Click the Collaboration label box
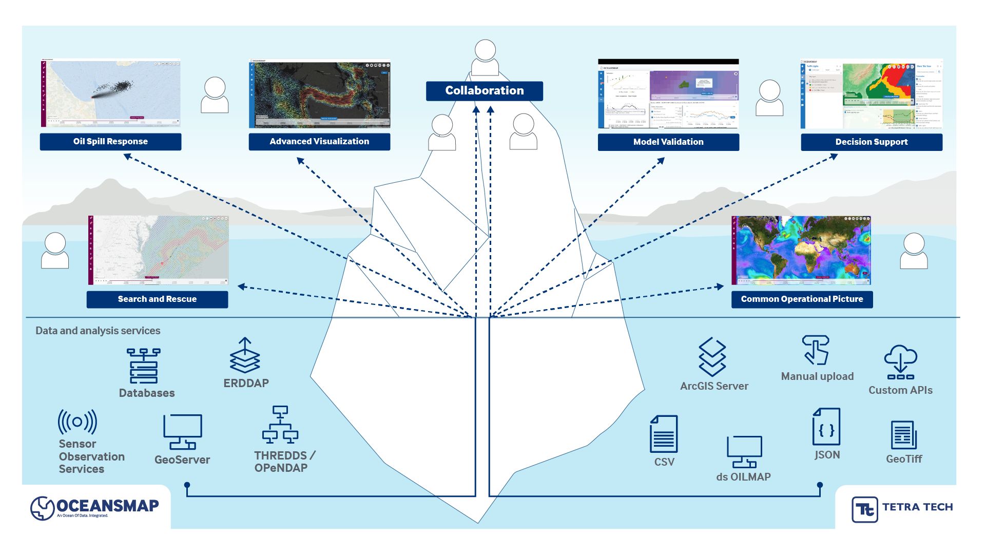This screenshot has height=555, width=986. click(x=484, y=91)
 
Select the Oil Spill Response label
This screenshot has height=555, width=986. click(x=110, y=142)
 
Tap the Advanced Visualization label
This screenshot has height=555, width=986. click(x=319, y=142)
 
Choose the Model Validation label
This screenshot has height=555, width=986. click(x=668, y=142)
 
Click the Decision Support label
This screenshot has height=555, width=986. click(x=871, y=142)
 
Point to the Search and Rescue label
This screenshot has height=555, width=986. click(x=157, y=299)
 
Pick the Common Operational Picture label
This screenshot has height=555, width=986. click(x=802, y=299)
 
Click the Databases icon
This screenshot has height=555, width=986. click(x=144, y=366)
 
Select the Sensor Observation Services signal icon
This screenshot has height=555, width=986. click(x=78, y=422)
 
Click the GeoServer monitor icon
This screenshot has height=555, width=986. click(x=183, y=432)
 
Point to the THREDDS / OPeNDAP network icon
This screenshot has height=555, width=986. click(x=280, y=425)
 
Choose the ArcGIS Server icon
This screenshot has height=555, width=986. click(x=712, y=357)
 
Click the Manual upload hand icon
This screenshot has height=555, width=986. click(x=816, y=350)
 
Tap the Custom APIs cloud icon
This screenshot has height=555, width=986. click(x=900, y=361)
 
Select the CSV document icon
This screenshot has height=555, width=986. click(x=664, y=434)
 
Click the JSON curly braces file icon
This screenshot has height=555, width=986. click(x=826, y=427)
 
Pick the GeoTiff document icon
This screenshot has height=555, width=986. click(x=903, y=435)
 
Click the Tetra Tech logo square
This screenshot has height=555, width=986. click(x=865, y=509)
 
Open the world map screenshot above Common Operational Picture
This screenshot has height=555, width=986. click(x=801, y=251)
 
